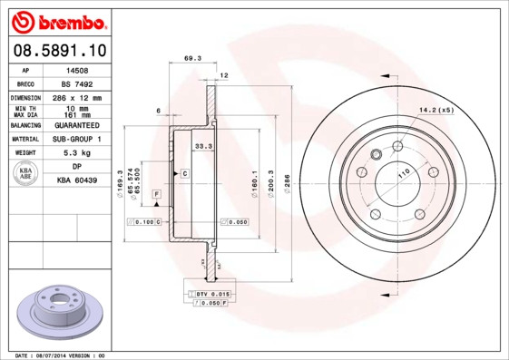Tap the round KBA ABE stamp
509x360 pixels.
tap(26, 175)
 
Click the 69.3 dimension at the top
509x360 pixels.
tap(191, 59)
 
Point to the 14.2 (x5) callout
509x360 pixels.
tap(435, 111)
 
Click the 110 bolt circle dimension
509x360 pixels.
tap(402, 170)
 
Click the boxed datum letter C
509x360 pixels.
tap(184, 172)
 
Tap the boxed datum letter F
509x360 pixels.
tap(156, 195)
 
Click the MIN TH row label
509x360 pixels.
tap(25, 109)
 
